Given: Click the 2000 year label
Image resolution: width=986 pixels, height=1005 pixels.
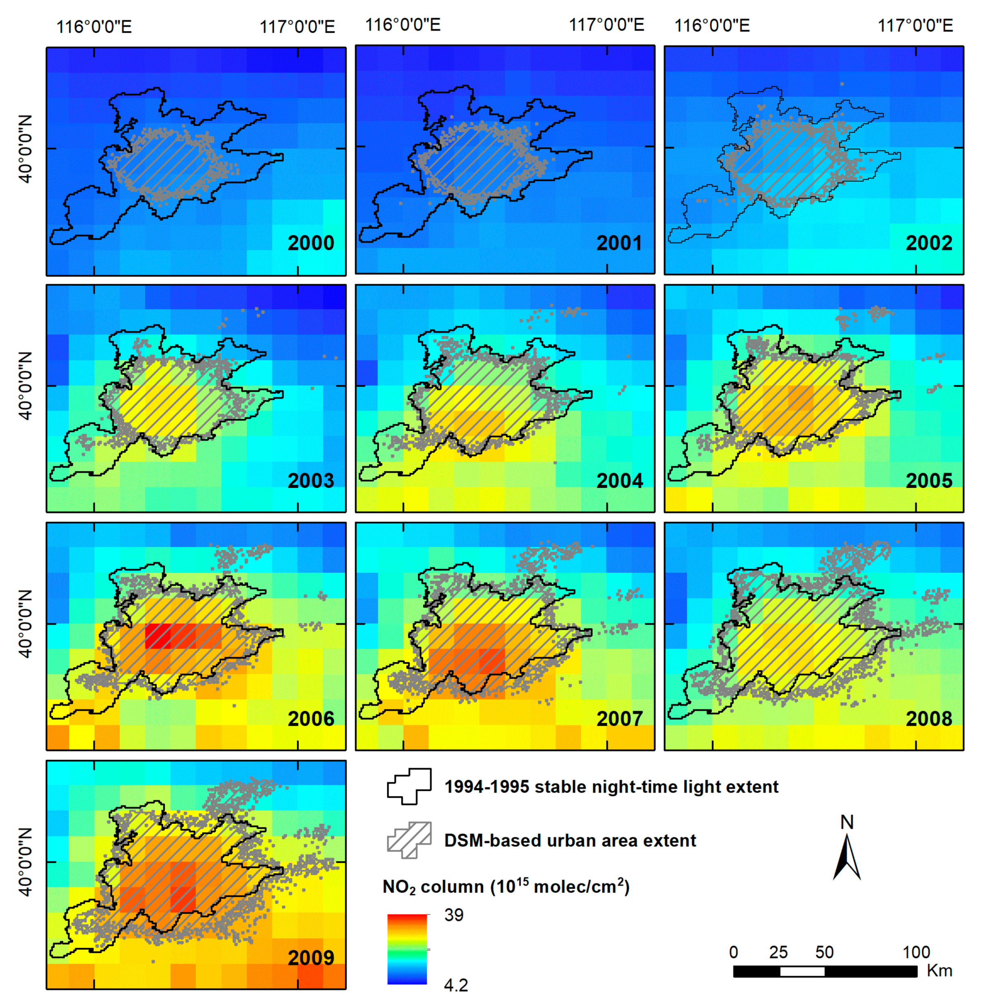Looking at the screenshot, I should (x=311, y=243).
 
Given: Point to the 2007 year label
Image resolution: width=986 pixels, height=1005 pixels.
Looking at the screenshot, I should (x=620, y=718).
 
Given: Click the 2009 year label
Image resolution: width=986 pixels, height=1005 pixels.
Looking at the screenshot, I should (x=311, y=957).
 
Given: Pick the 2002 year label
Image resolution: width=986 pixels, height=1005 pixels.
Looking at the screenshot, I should (x=928, y=243).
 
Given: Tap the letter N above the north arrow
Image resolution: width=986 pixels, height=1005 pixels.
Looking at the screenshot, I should (x=847, y=822).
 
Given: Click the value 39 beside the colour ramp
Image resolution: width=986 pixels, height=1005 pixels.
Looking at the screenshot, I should (x=454, y=915).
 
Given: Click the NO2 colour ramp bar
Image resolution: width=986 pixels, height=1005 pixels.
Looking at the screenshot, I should (x=407, y=949).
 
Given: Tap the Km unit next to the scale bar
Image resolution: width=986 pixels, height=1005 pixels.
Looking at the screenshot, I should (x=939, y=970).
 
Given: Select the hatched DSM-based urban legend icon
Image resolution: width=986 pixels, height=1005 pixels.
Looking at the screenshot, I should (x=409, y=840).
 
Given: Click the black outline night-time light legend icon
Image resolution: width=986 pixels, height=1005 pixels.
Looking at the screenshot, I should (x=409, y=786).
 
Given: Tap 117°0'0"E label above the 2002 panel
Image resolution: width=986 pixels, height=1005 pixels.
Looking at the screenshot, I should (x=915, y=25).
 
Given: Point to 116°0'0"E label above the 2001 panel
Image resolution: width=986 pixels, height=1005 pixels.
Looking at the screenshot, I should (x=403, y=25).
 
